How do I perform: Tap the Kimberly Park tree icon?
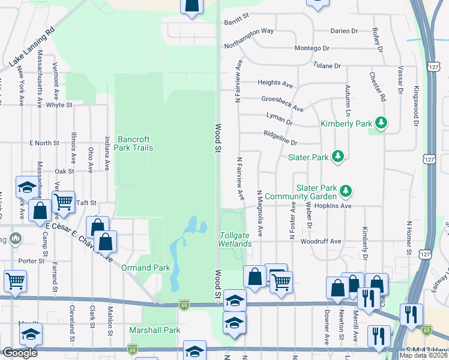380,124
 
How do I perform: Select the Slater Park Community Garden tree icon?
345,191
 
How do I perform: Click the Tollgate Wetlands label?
235,239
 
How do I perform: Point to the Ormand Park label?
146,268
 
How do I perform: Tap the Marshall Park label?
155,330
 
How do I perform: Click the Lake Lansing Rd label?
32,46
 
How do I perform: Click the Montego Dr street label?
312,48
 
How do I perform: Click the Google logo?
20,353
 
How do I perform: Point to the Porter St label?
32,261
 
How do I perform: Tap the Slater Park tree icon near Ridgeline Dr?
339,157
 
